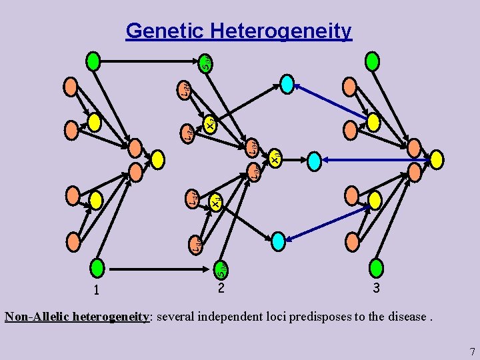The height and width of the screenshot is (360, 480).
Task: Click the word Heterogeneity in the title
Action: coord(280,31)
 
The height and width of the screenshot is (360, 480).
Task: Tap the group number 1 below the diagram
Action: coord(97,290)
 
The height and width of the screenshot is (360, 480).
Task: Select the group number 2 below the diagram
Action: coord(221,289)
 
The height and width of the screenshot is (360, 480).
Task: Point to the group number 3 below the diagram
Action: coord(377,289)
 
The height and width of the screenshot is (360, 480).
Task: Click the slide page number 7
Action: coord(471,351)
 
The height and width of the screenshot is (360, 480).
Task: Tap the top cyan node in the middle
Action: coord(287,83)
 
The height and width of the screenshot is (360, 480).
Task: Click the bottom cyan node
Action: coord(278,239)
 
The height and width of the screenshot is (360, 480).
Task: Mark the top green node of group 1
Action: coord(93,61)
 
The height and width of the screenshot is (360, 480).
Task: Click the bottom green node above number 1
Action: coord(99,268)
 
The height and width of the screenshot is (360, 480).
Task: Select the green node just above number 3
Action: coord(376,267)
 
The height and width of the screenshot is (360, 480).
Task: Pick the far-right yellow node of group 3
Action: coord(436,159)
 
